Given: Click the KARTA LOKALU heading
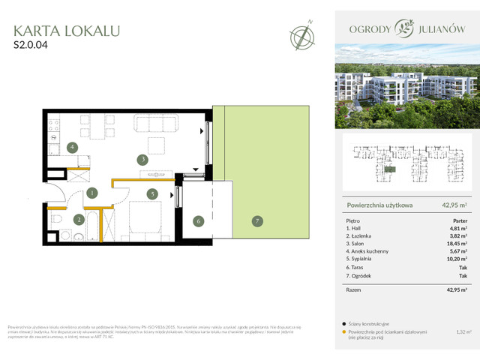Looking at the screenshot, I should click(x=67, y=31).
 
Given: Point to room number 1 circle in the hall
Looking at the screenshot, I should click(x=91, y=193).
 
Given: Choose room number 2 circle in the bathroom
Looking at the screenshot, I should click(x=78, y=220).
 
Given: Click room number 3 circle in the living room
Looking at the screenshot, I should click(x=142, y=159).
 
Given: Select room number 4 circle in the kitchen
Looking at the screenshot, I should click(x=72, y=147).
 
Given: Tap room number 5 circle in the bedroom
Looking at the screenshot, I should click(x=151, y=194).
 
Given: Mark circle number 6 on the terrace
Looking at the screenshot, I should click(x=198, y=220).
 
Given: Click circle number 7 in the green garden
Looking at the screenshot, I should click(x=256, y=220).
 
